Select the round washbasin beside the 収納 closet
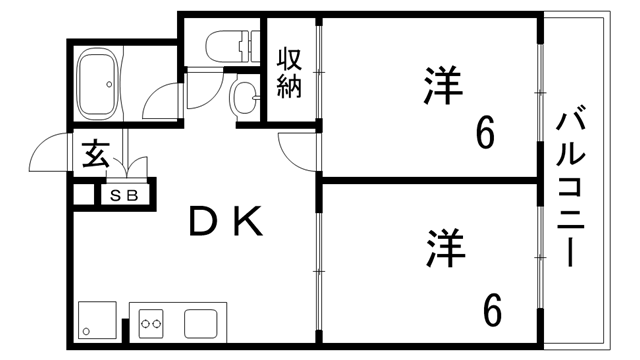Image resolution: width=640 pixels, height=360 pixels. coord(244,98)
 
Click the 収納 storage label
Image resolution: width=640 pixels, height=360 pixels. coord(289,72)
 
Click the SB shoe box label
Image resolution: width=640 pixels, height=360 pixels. coord(124,194)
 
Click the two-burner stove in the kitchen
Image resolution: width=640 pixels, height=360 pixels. coord(153,323)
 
